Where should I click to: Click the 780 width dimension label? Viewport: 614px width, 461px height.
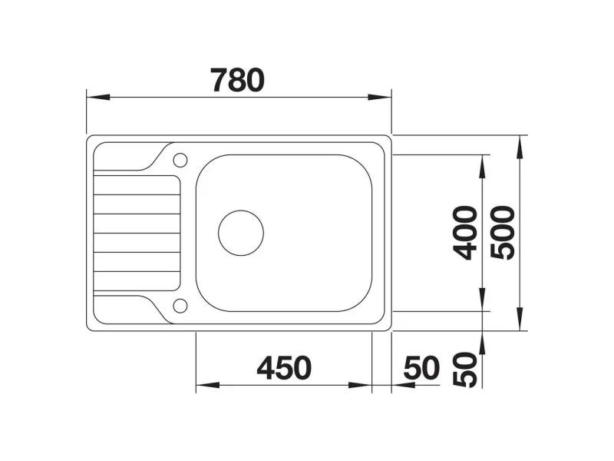pyautogui.click(x=237, y=81)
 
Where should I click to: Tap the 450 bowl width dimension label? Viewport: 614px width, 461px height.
pyautogui.click(x=284, y=369)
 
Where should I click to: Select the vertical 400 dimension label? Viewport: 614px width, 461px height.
pyautogui.click(x=465, y=233)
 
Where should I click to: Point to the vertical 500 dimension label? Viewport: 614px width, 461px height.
pyautogui.click(x=503, y=233)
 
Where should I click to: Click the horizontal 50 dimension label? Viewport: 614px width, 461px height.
pyautogui.click(x=422, y=369)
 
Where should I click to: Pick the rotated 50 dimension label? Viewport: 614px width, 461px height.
pyautogui.click(x=465, y=370)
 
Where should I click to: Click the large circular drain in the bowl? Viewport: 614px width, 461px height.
pyautogui.click(x=241, y=233)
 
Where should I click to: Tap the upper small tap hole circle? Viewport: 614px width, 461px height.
pyautogui.click(x=180, y=160)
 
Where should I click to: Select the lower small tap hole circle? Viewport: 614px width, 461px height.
pyautogui.click(x=180, y=306)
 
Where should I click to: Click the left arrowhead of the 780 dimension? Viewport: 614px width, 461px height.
pyautogui.click(x=98, y=97)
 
